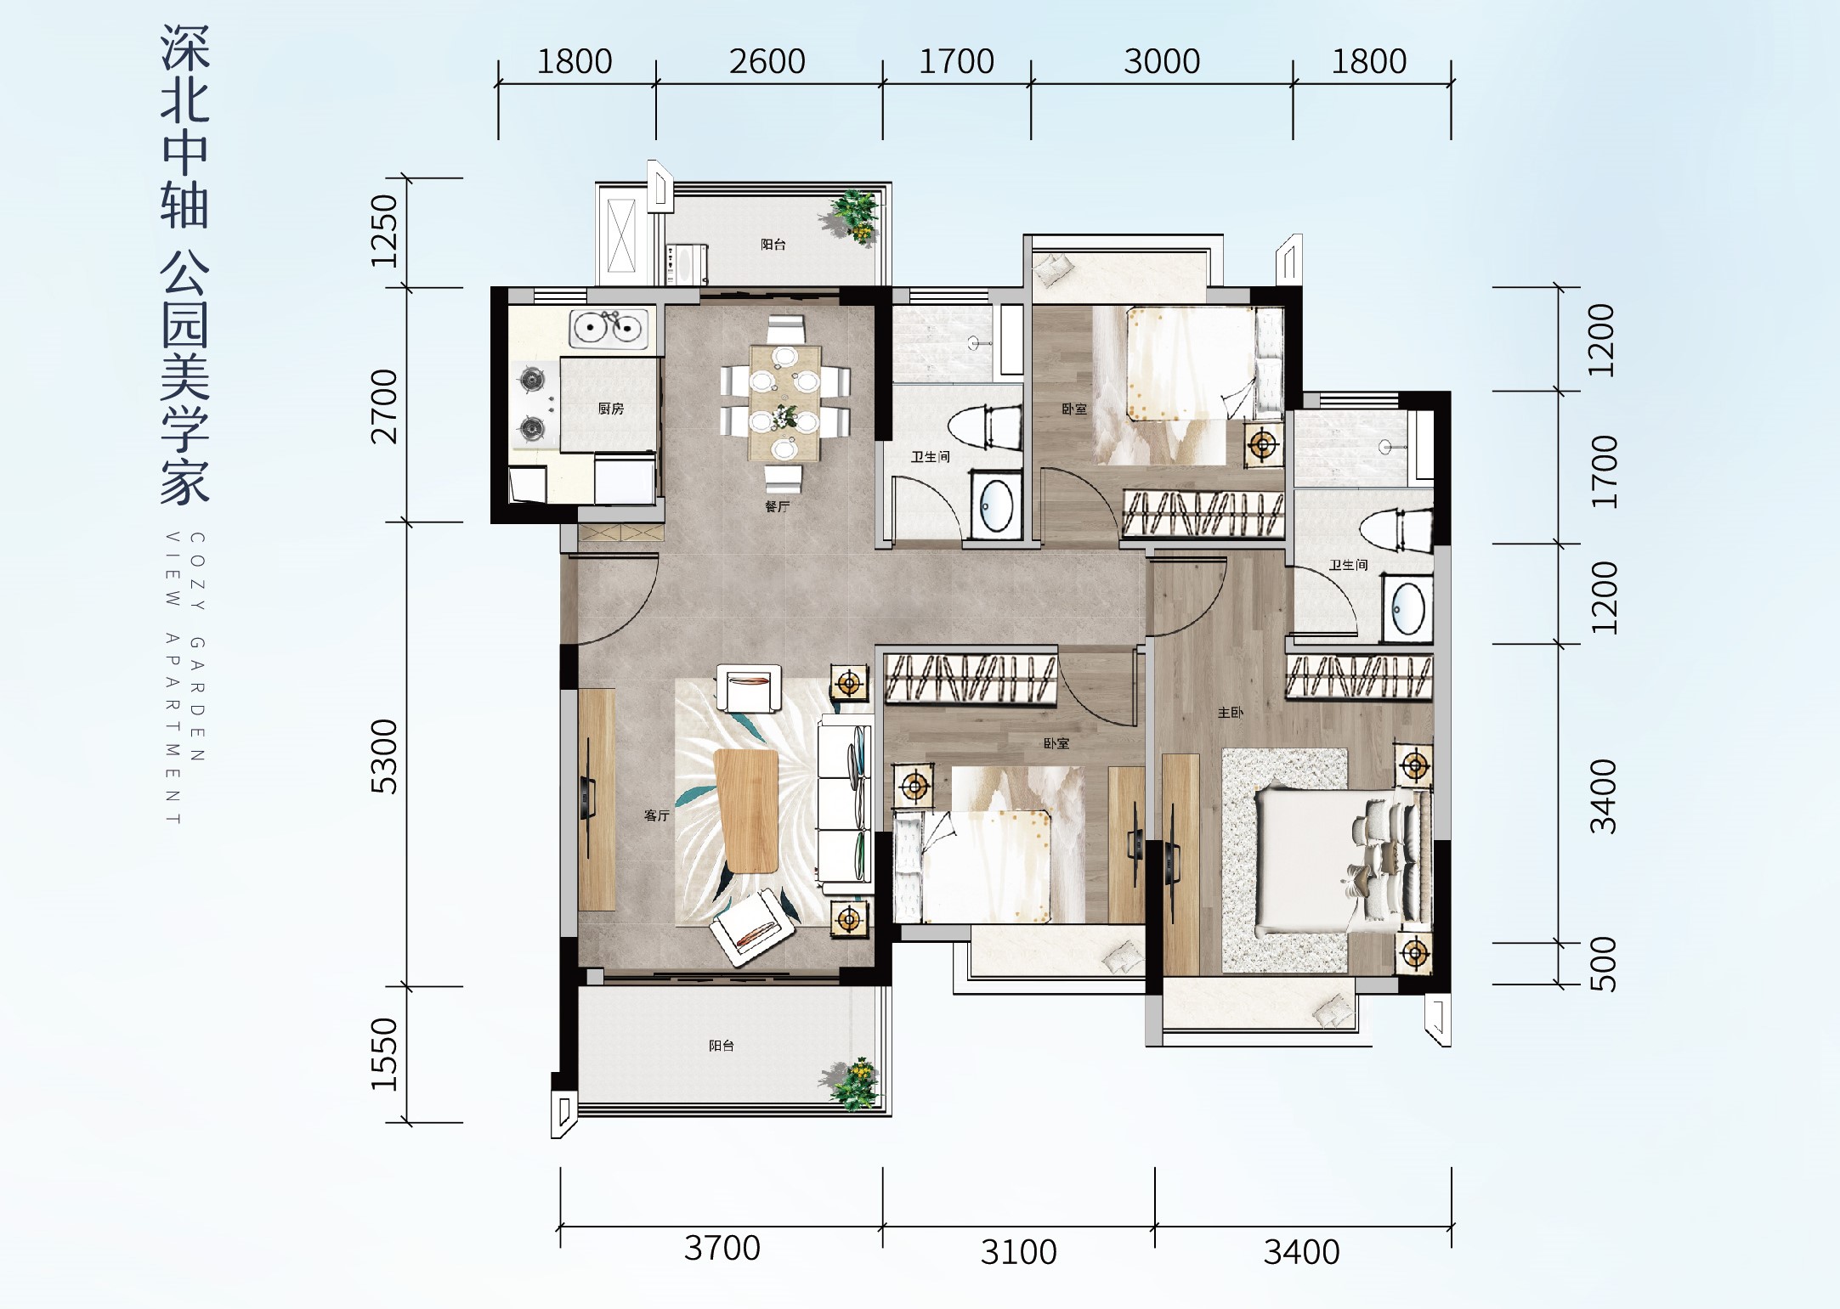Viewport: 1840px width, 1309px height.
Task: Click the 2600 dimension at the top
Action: pos(767,62)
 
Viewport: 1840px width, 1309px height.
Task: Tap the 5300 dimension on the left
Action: pos(384,756)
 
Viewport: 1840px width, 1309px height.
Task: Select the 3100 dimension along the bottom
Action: pos(1018,1252)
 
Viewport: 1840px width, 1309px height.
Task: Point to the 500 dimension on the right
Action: pos(1603,964)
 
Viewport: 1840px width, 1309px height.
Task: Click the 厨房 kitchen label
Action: pos(610,409)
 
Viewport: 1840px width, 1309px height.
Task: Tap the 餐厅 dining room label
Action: pos(777,506)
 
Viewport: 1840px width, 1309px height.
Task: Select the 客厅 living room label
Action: pos(656,815)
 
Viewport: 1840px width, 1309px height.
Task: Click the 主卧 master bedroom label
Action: pos(1230,713)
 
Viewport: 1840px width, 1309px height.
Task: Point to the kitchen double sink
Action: pos(608,327)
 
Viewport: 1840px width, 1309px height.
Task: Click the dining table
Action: pos(784,402)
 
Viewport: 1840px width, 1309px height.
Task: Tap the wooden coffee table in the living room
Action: pos(747,810)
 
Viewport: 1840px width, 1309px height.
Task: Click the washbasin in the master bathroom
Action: pos(1407,608)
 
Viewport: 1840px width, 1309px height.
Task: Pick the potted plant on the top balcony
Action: pos(852,217)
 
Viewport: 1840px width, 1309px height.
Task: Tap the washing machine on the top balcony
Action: pos(687,264)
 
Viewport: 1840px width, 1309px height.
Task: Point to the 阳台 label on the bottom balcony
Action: pos(722,1046)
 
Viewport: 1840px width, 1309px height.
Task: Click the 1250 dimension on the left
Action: pos(384,231)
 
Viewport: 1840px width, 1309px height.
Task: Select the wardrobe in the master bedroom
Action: pos(1358,676)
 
